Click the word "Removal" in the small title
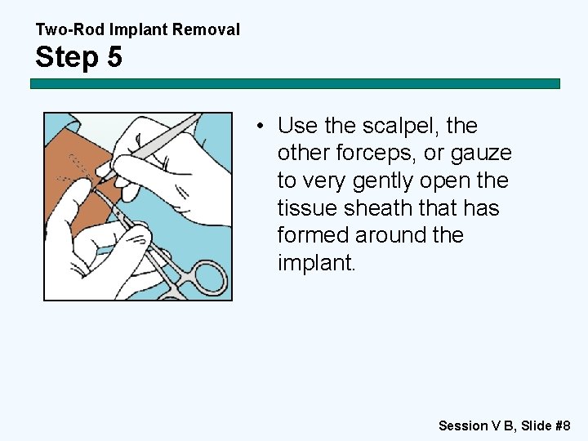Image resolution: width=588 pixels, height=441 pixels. (210, 30)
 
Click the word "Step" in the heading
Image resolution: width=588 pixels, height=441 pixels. (65, 57)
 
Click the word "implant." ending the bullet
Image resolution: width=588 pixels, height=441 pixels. (317, 263)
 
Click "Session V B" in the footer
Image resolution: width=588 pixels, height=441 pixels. (475, 425)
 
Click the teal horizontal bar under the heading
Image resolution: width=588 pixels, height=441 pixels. (295, 83)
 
